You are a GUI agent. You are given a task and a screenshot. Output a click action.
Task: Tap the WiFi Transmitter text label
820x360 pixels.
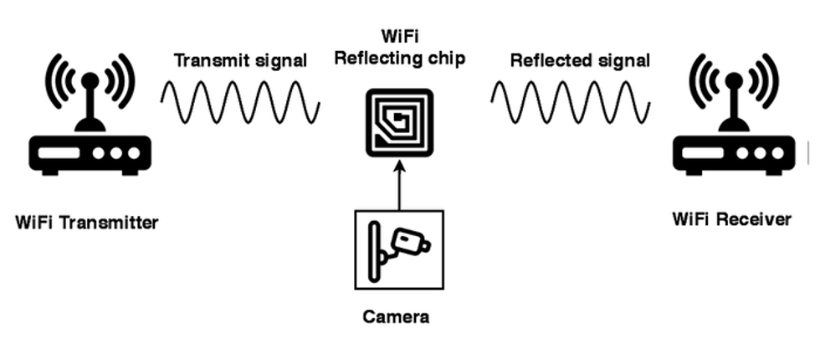(x=86, y=223)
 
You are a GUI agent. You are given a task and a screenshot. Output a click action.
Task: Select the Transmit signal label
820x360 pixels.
(x=240, y=61)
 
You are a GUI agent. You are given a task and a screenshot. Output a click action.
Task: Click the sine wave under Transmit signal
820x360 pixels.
(x=240, y=103)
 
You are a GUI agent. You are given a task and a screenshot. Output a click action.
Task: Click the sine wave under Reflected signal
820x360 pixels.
(x=570, y=103)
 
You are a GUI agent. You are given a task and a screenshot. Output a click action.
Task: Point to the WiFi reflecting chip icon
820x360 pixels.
(x=399, y=122)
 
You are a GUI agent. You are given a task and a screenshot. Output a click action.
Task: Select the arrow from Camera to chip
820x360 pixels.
(x=399, y=185)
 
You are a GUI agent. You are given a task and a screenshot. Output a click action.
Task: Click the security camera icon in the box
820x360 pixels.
(x=400, y=249)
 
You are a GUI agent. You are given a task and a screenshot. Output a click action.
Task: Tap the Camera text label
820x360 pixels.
(x=396, y=316)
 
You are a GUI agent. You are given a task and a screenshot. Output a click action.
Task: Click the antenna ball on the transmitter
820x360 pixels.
(x=88, y=80)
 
